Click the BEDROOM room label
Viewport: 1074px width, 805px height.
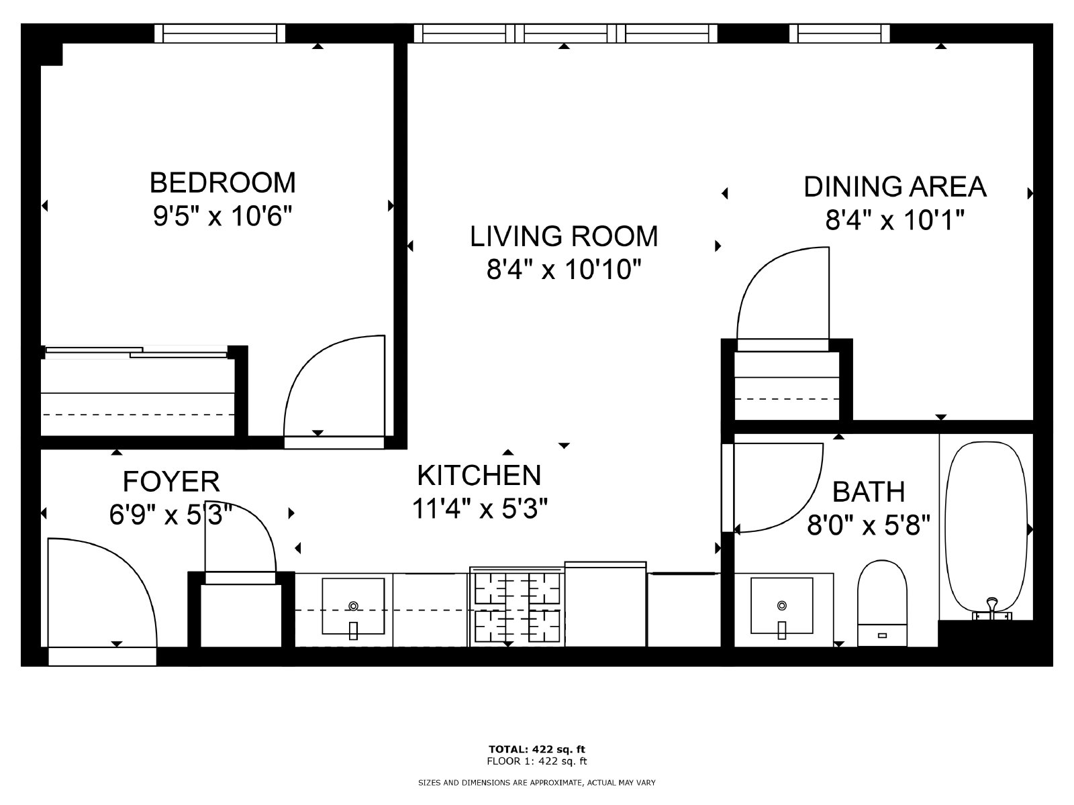tap(222, 182)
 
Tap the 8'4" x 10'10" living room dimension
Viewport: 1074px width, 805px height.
tap(564, 270)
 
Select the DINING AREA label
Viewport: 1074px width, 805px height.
tap(895, 186)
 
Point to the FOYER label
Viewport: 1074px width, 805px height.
tap(171, 482)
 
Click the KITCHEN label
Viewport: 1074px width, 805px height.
tap(479, 475)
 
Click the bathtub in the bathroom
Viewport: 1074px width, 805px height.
tap(985, 530)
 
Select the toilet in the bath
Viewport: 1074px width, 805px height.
tap(881, 600)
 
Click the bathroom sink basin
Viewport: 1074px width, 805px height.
tap(781, 606)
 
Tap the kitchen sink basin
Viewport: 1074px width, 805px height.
tap(353, 606)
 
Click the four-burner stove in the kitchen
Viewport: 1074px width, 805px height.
tap(516, 607)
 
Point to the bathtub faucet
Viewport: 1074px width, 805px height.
tap(991, 609)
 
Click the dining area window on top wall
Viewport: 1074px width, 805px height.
tap(839, 33)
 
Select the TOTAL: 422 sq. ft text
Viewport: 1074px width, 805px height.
tap(537, 749)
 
